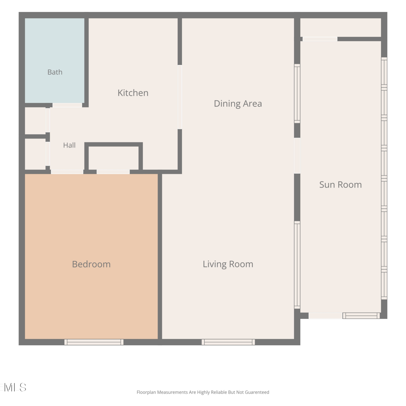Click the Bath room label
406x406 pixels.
55,72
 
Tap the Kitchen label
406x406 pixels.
133,93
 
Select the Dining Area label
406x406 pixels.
238,104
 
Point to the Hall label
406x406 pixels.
69,145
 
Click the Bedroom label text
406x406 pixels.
91,264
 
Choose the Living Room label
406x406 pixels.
228,264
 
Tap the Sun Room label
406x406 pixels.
340,185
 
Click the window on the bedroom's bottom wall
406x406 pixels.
94,342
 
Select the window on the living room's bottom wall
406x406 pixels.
228,342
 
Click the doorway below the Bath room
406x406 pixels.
67,105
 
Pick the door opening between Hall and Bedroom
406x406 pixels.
67,172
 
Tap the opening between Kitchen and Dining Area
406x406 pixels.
180,97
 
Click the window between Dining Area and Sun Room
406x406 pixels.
297,94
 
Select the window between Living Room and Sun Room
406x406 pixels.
297,265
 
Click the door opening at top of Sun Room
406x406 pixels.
320,39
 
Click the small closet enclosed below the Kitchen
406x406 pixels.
113,158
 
